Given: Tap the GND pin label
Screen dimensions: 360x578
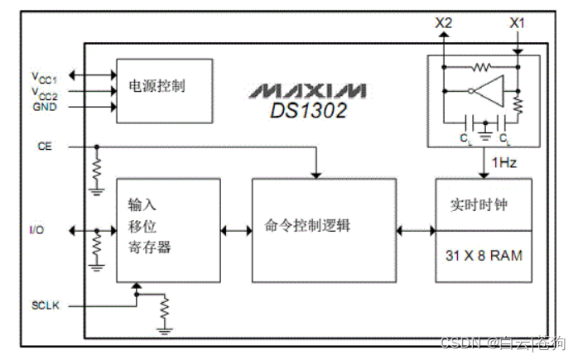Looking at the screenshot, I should (45, 107).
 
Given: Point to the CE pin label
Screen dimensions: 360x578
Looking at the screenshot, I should (45, 146).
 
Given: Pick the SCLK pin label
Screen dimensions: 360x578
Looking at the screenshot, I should (46, 305).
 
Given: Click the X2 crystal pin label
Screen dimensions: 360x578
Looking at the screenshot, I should (444, 23).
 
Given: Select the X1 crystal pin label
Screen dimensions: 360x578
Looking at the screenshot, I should (517, 23).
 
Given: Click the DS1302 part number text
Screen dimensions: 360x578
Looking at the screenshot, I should (308, 108).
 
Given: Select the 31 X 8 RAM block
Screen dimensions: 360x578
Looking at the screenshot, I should (484, 256).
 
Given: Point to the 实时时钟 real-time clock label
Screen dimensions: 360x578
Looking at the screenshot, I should (484, 204).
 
